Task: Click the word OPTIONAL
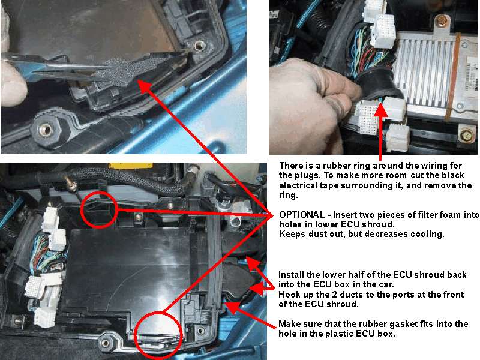tap(302, 215)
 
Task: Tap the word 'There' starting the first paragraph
tap(291, 166)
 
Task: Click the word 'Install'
tap(291, 275)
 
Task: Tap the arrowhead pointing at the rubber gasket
tap(232, 307)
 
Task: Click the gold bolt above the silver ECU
tap(440, 22)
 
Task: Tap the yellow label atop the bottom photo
tap(131, 166)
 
